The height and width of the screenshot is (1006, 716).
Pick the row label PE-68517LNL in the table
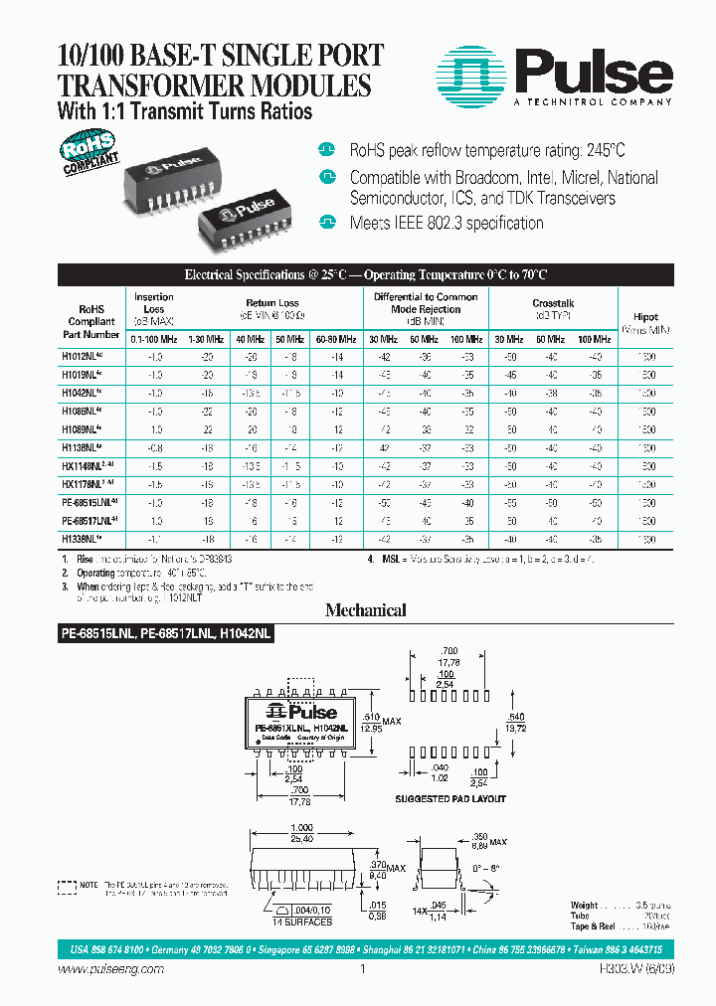pos(93,520)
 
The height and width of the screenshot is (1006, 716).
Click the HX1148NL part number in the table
pos(93,465)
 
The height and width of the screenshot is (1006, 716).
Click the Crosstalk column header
pos(554,303)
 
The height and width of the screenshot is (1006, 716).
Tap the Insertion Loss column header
pos(153,303)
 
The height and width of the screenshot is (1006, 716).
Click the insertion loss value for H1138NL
pos(154,447)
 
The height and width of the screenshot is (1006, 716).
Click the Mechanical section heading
pos(365,610)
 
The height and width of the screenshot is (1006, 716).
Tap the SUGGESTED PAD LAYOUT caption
pos(450,799)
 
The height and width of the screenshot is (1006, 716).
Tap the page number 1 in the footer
pos(363,969)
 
